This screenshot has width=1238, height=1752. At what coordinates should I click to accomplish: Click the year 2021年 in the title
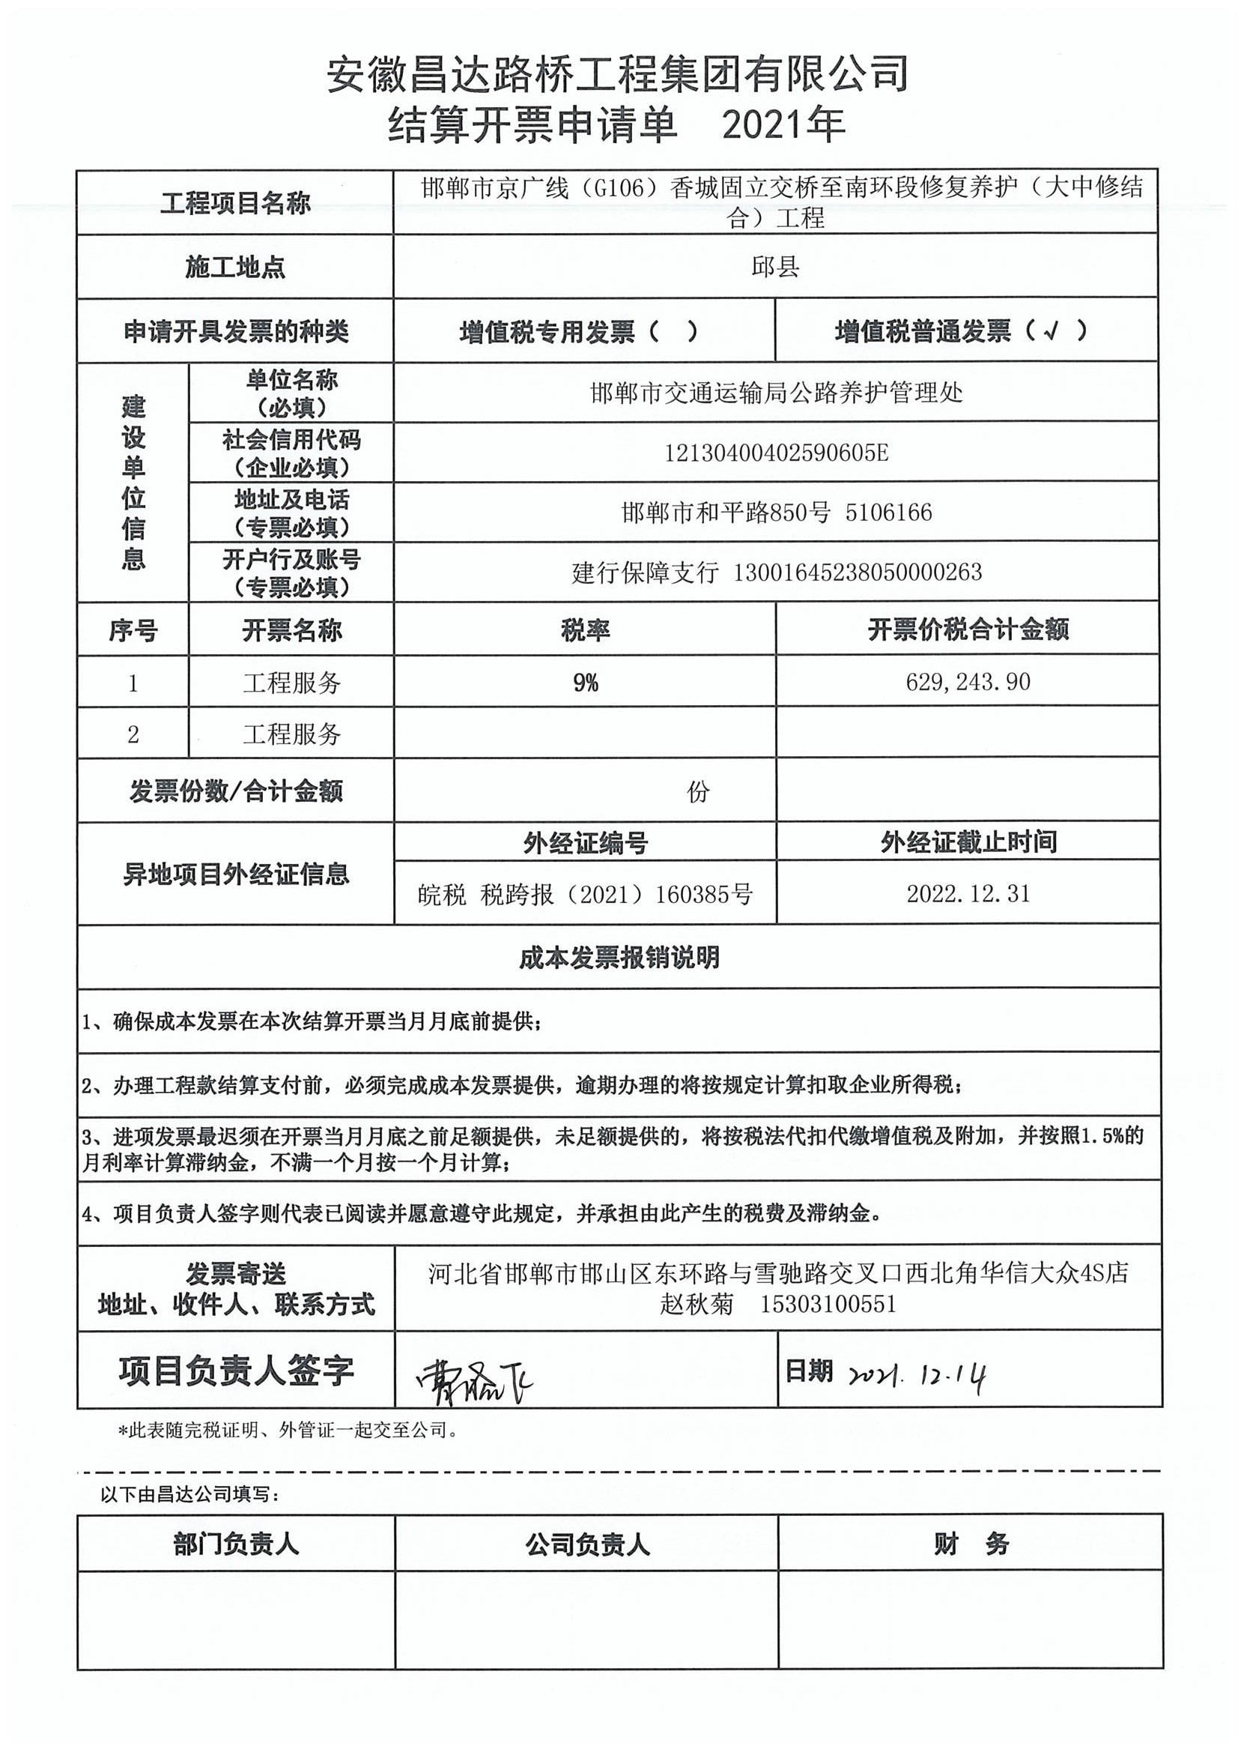click(783, 125)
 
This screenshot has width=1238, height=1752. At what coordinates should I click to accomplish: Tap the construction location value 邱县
click(775, 266)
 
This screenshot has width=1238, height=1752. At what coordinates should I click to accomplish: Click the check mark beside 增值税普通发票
click(1052, 330)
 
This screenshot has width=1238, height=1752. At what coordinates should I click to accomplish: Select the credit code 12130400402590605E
click(776, 453)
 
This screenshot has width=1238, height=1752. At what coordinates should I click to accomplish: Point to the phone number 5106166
click(889, 512)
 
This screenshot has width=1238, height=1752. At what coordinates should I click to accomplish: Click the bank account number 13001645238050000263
click(858, 573)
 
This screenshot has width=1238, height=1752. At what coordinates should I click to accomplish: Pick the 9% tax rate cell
click(585, 682)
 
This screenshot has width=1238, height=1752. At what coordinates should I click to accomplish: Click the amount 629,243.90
click(968, 681)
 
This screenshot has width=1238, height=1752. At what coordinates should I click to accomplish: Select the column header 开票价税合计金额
click(968, 629)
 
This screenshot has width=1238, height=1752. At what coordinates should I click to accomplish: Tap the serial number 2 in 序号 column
click(133, 734)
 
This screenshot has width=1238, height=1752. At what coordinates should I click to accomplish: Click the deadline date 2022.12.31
click(968, 893)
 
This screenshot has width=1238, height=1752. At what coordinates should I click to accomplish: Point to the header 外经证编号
click(585, 842)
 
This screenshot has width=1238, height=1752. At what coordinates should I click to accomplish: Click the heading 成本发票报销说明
click(619, 957)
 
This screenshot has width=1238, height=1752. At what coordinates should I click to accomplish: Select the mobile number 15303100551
click(828, 1303)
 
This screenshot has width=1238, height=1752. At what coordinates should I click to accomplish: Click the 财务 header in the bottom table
click(971, 1544)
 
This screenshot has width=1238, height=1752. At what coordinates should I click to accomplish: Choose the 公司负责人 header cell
click(586, 1544)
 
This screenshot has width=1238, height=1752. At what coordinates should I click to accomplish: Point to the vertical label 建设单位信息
click(133, 483)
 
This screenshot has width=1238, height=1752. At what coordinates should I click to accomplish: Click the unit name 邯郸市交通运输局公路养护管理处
click(776, 393)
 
